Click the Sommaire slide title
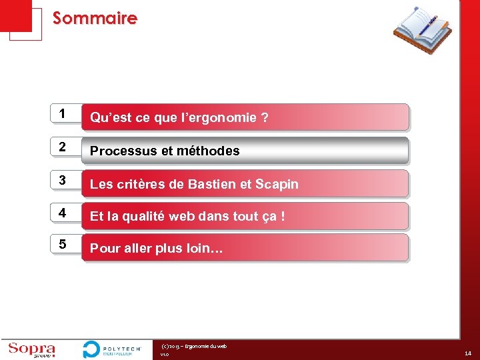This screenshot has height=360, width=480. [x=95, y=18]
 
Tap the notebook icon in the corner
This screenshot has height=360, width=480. [x=421, y=29]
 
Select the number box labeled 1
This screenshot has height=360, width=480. [x=62, y=114]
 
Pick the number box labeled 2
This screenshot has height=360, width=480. [x=62, y=147]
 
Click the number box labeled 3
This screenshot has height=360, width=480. [x=62, y=180]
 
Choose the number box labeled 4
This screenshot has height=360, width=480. [x=62, y=213]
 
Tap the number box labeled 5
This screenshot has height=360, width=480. [x=62, y=245]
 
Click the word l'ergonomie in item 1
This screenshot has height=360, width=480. [x=223, y=118]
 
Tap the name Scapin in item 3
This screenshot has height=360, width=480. [x=277, y=184]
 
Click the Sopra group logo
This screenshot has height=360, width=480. [x=31, y=349]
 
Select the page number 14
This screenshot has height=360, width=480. [x=468, y=354]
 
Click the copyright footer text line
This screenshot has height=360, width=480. [x=194, y=346]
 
